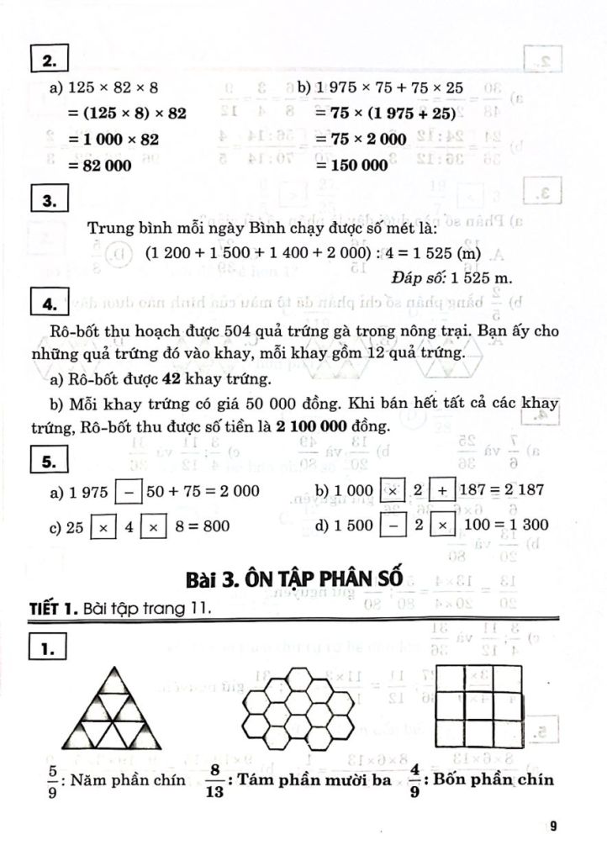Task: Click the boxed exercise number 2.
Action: tap(48, 61)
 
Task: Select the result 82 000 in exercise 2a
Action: tap(104, 166)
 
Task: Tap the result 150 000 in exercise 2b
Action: tap(352, 166)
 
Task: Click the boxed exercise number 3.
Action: tap(48, 200)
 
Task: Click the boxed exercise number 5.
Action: tap(48, 461)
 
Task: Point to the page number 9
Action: tap(553, 826)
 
